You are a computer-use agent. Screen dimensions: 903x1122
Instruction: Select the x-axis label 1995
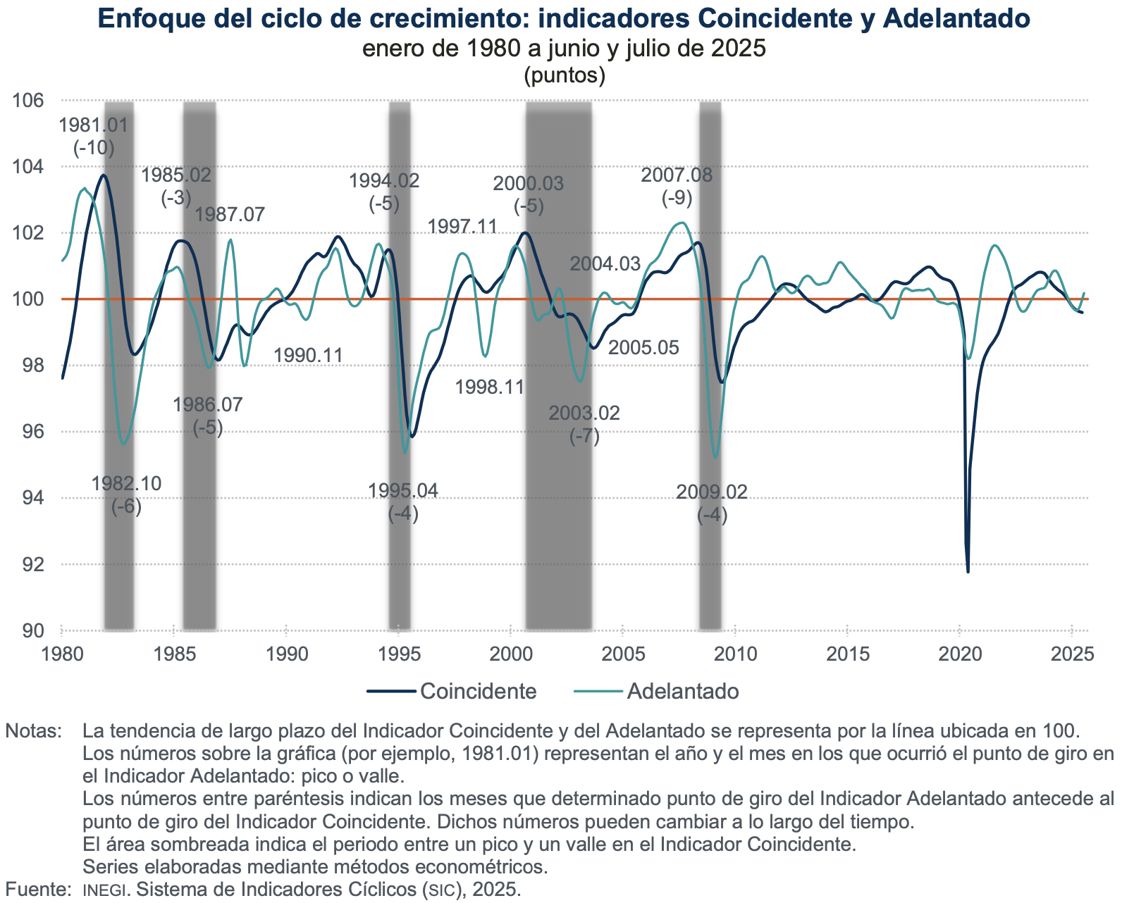pyautogui.click(x=398, y=654)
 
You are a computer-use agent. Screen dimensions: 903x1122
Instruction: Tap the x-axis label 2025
pyautogui.click(x=1071, y=654)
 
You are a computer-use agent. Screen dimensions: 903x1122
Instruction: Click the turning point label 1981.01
pyautogui.click(x=94, y=125)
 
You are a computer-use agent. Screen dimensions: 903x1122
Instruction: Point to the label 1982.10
pyautogui.click(x=127, y=483)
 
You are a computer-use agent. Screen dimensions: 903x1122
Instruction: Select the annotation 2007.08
pyautogui.click(x=677, y=175)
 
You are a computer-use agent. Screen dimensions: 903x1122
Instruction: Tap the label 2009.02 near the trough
pyautogui.click(x=712, y=492)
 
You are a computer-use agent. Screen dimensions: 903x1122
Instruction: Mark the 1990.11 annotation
pyautogui.click(x=308, y=355)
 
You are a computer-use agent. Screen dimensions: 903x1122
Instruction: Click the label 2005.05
pyautogui.click(x=643, y=347)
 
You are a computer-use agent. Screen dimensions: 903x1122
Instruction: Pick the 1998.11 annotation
pyautogui.click(x=490, y=387)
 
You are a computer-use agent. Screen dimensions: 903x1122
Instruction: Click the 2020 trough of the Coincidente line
pyautogui.click(x=968, y=571)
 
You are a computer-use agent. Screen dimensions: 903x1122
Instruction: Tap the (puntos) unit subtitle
pyautogui.click(x=565, y=75)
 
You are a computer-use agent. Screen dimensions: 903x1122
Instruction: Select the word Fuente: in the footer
pyautogui.click(x=37, y=889)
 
